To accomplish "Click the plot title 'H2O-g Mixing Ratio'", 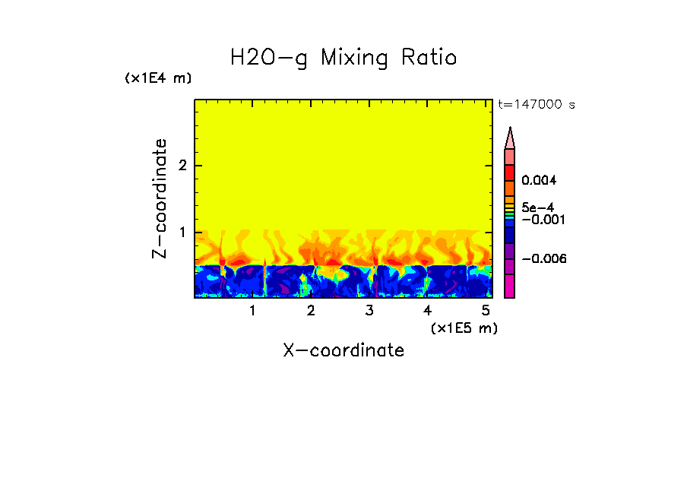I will point(343,58).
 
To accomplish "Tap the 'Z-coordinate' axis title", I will point(160,198).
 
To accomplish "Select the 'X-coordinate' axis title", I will point(343,350).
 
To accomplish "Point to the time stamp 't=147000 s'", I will point(536,105).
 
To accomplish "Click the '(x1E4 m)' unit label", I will point(158,78).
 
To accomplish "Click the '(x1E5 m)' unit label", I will point(464,328).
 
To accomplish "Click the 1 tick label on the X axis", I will point(252,311).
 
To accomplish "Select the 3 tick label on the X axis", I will point(369,311).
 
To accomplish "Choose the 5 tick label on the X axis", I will point(486,311).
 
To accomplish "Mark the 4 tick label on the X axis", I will point(427,311).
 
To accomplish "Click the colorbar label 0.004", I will point(540,181).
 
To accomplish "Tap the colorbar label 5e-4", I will point(537,207).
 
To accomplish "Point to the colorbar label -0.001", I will point(542,220).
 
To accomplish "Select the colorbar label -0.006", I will point(544,259).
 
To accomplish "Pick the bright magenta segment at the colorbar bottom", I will point(510,286).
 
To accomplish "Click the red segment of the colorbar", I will point(510,172).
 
